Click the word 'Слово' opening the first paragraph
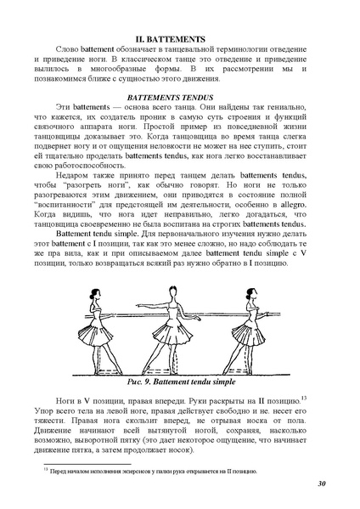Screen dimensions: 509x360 click(x=67, y=52)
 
